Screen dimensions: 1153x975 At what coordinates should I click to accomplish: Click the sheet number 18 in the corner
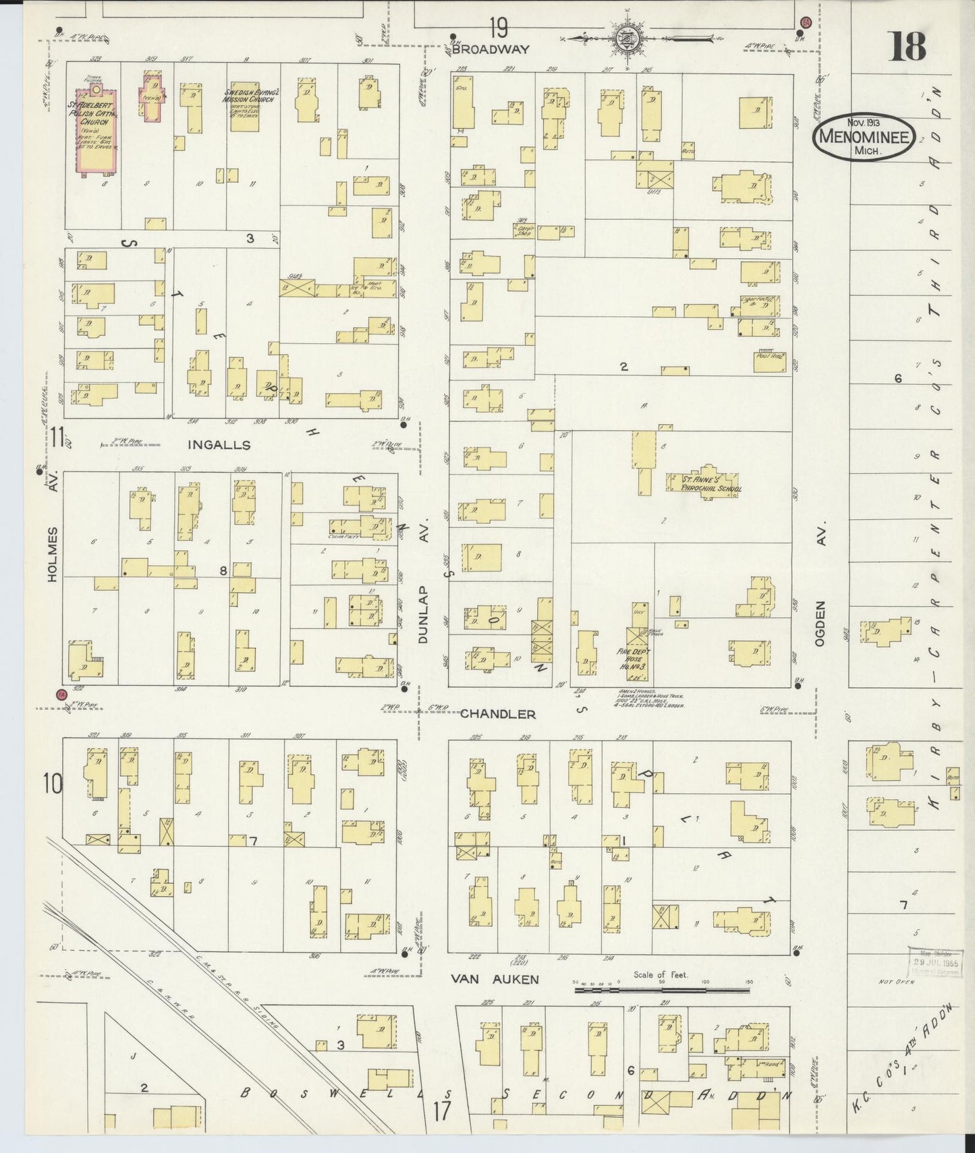(907, 46)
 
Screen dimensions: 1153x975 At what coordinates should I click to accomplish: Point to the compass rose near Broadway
(625, 37)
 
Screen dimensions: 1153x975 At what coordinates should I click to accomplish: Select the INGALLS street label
(209, 445)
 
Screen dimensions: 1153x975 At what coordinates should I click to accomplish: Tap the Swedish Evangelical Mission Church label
(247, 98)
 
